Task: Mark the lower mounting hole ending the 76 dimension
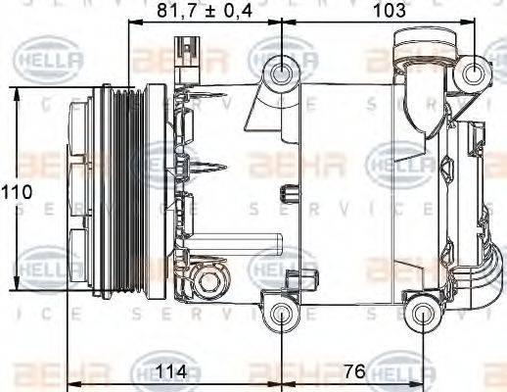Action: pyautogui.click(x=423, y=314)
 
